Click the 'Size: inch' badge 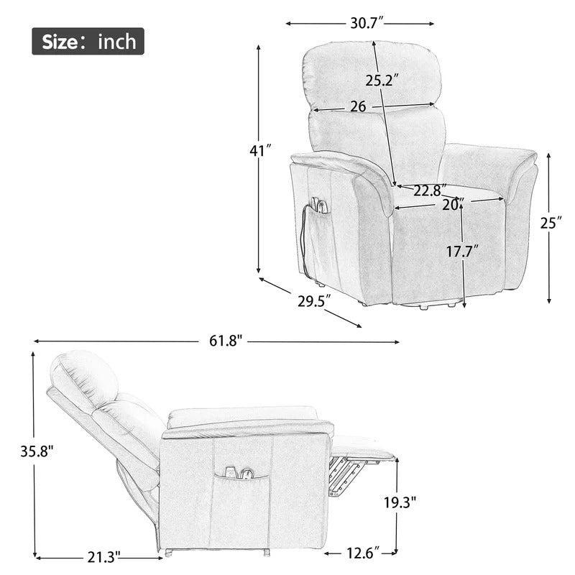88,42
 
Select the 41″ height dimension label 261,151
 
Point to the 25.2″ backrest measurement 382,80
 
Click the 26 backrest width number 358,106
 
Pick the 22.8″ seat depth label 430,190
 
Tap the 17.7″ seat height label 462,252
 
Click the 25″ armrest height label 551,223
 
